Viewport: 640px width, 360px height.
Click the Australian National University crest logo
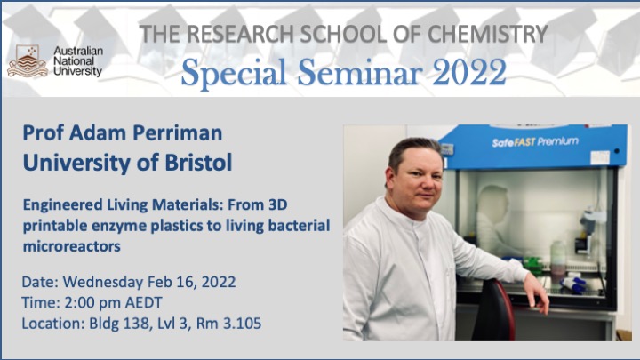(x=28, y=61)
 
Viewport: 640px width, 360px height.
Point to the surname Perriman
(x=178, y=132)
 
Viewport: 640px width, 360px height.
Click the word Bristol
(x=198, y=162)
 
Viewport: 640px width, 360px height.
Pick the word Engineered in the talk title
(x=62, y=205)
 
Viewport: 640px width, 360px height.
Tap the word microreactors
(x=72, y=246)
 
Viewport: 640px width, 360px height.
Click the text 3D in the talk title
(x=277, y=204)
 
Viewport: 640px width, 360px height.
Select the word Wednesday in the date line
(x=103, y=282)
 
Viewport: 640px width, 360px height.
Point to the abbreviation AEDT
(x=143, y=302)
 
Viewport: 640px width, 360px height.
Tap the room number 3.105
(x=242, y=324)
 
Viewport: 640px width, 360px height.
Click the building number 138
(x=136, y=324)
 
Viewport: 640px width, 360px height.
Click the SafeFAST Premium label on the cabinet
(x=535, y=142)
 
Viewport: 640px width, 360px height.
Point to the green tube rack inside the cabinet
(x=533, y=265)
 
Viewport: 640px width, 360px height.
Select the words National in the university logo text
(x=74, y=61)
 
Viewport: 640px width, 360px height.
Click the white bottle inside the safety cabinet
(x=558, y=257)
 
